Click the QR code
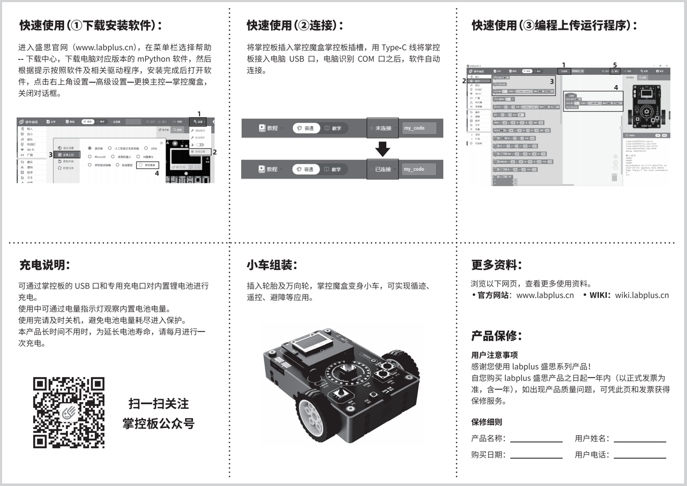click(69, 413)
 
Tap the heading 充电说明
click(45, 265)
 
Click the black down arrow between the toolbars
click(382, 149)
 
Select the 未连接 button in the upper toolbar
click(383, 128)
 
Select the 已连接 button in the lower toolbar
click(383, 169)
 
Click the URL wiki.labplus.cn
click(642, 295)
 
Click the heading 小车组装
click(272, 265)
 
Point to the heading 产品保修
click(497, 336)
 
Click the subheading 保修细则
click(487, 422)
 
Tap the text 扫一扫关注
click(158, 404)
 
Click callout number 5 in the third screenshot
click(615, 65)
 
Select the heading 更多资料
click(497, 265)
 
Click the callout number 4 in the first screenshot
click(157, 173)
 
